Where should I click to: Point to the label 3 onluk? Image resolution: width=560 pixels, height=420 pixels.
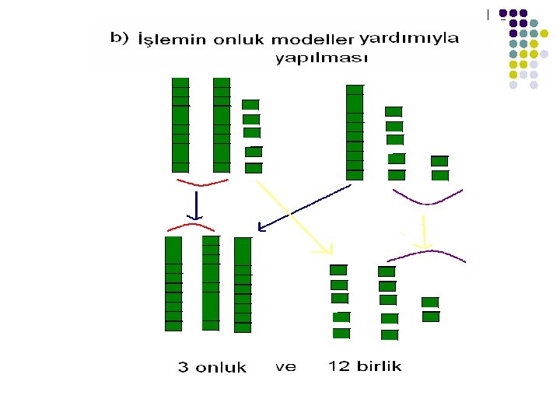click(212, 368)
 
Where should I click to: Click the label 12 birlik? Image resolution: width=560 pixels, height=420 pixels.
click(365, 366)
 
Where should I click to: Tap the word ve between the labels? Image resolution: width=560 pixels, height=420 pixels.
click(285, 367)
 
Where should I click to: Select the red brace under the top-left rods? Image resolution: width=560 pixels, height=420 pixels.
click(202, 184)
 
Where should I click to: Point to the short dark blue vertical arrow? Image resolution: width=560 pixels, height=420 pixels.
click(198, 205)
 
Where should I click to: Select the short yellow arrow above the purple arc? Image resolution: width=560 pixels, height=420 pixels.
click(425, 232)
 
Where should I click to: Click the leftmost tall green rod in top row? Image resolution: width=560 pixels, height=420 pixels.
click(180, 124)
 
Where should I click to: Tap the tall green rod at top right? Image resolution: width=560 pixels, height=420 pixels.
click(355, 132)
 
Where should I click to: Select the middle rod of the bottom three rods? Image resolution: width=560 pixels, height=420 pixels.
click(211, 284)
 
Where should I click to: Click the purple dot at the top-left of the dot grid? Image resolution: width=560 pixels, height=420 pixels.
click(503, 13)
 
